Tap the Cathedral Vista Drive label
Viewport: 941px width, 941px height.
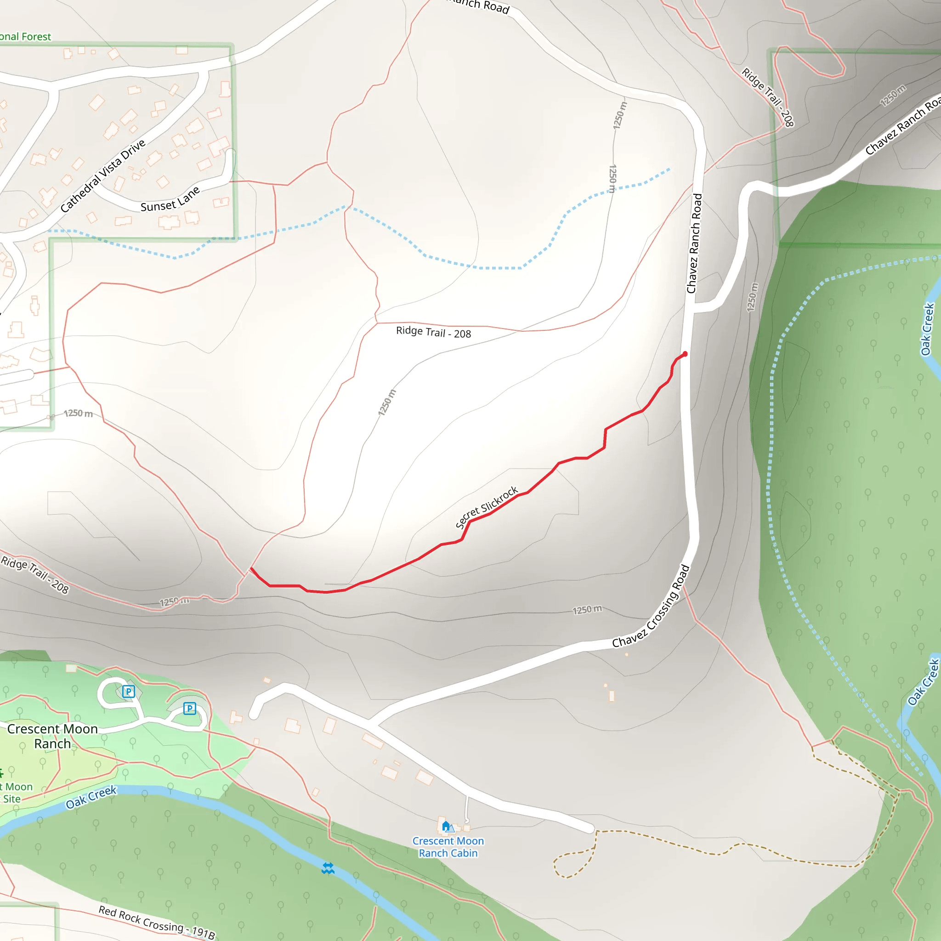[x=103, y=176]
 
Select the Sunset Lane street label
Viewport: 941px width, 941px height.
[x=170, y=200]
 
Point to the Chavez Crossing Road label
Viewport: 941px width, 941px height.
[x=651, y=607]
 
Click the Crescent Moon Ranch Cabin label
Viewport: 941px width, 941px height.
[x=448, y=847]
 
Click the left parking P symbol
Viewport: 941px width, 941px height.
[x=129, y=691]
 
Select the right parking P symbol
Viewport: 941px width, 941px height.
[x=189, y=708]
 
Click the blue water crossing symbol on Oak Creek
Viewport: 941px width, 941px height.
[x=328, y=868]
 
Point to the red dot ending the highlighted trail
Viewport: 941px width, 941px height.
[x=685, y=354]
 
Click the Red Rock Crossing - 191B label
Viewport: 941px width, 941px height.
[x=156, y=922]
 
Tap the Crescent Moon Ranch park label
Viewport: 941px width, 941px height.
[x=52, y=736]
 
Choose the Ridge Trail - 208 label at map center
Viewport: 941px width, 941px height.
[x=433, y=332]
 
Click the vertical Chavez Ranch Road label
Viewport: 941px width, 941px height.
[x=694, y=244]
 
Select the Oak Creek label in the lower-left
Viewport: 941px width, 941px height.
[x=91, y=797]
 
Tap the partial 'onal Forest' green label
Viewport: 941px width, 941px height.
[x=25, y=37]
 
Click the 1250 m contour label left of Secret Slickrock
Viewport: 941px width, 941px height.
[x=387, y=402]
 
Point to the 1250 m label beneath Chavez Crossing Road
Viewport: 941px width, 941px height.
[x=587, y=610]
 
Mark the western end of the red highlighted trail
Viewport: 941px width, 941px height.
[x=251, y=568]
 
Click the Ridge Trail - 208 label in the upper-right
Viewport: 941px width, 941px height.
[x=768, y=97]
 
